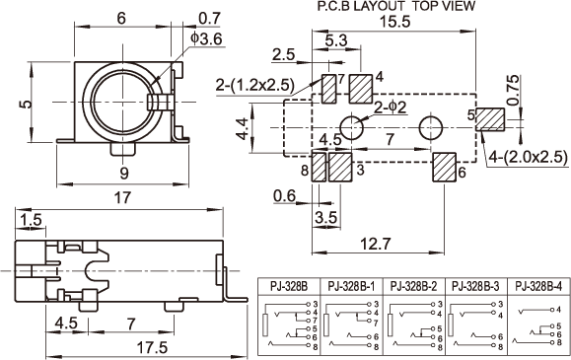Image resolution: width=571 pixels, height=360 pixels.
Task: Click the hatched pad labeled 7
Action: (329, 89)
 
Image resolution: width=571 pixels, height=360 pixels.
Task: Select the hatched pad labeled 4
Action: (361, 89)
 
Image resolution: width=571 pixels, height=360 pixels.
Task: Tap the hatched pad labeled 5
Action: (490, 119)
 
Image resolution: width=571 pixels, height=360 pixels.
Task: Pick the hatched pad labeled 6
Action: (444, 167)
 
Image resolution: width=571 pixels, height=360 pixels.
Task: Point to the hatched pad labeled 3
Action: (340, 167)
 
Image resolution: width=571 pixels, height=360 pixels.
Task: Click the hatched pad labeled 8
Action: (319, 167)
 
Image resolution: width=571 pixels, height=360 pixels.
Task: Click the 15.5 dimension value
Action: (394, 22)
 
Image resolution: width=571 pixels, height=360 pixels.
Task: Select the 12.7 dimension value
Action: (376, 244)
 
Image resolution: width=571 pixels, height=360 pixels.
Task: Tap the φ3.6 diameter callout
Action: (206, 38)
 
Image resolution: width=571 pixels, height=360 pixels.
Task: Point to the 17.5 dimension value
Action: (152, 347)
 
